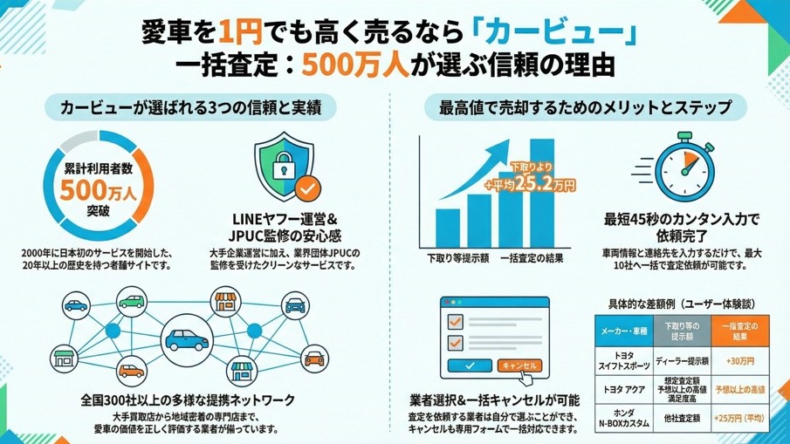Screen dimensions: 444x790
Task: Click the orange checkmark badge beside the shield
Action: (306, 187)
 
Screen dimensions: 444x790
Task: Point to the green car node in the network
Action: (132, 302)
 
